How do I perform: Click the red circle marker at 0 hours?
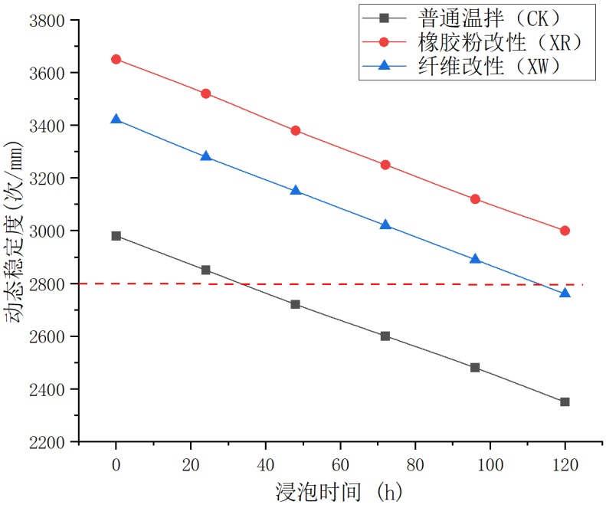coord(116,59)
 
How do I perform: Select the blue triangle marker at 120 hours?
coord(565,293)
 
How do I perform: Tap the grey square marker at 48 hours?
coord(296,304)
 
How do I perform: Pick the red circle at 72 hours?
coord(385,165)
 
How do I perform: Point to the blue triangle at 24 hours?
coord(206,156)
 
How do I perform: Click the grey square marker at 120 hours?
coord(565,401)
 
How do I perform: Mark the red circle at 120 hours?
coord(565,231)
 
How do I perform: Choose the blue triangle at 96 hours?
coord(475,259)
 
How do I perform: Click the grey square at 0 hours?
coord(116,236)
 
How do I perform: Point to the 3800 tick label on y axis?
coord(46,21)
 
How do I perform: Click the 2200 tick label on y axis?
coord(46,442)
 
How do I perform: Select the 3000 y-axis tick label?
coord(46,231)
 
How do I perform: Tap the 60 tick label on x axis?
coord(340,465)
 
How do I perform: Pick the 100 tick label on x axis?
coord(490,465)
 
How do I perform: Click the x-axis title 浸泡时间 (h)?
coord(339,491)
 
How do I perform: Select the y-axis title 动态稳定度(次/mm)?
coord(16,231)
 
